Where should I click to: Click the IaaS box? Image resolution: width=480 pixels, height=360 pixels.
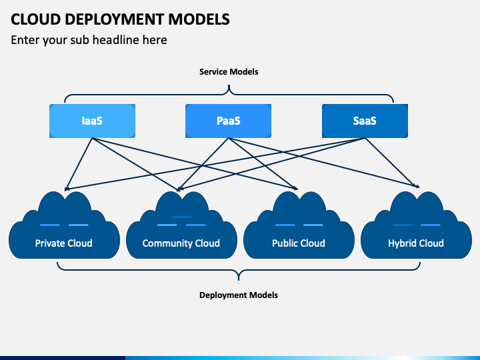[x=92, y=121]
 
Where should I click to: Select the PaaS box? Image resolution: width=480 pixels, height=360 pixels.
[x=228, y=121]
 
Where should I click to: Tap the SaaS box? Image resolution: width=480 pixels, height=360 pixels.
[x=365, y=121]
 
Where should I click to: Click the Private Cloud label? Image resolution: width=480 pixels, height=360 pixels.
[x=64, y=243]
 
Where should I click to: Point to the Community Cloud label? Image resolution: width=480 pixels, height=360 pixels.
[x=181, y=243]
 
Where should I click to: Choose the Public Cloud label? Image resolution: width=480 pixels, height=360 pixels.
[x=299, y=243]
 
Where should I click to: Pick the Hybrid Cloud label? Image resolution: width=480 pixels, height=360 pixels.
[x=416, y=243]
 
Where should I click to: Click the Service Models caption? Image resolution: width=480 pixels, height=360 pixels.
[x=229, y=71]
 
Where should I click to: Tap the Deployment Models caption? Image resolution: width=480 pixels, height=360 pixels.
[x=239, y=295]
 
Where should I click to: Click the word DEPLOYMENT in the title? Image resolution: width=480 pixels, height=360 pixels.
[x=114, y=19]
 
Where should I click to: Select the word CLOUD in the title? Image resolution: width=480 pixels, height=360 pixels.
[x=35, y=19]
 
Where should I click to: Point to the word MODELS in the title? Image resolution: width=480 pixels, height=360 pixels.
[x=199, y=19]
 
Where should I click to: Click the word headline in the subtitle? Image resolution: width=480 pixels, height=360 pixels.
[x=129, y=40]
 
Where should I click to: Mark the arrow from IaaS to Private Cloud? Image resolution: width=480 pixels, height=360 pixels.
[x=79, y=164]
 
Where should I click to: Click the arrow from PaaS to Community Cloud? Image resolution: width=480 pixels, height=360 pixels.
[x=203, y=165]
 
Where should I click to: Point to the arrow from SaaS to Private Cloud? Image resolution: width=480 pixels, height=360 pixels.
[x=215, y=164]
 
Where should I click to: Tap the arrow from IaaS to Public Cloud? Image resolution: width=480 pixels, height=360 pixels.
[x=195, y=164]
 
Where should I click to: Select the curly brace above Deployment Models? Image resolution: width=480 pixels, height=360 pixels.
[x=239, y=270]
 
